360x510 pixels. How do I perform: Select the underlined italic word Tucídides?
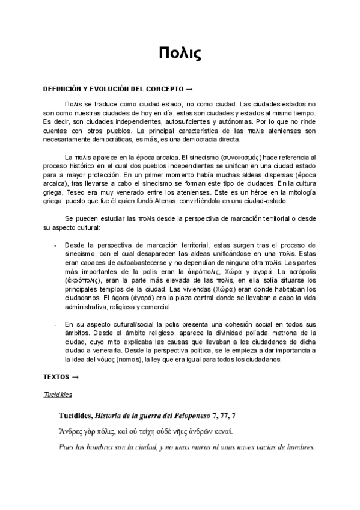tap(58, 395)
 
